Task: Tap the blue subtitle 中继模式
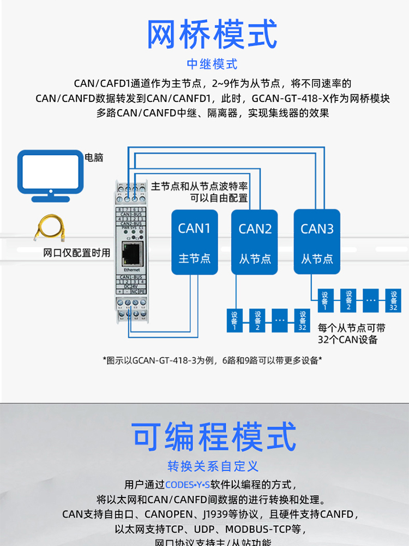point(212,64)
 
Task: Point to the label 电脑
point(94,158)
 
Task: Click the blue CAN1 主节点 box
point(195,242)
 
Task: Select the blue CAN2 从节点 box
point(255,242)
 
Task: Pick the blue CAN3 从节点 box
point(317,242)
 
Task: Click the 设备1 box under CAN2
point(235,321)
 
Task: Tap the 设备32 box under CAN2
point(302,321)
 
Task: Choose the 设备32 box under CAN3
point(393,301)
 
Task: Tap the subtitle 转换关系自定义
point(213,466)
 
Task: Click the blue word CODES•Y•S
point(187,484)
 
